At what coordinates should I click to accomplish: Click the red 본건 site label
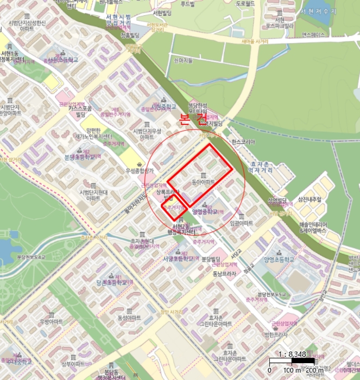(x=193, y=120)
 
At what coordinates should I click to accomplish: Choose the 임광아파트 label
(x=242, y=223)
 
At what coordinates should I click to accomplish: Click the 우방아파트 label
(x=52, y=321)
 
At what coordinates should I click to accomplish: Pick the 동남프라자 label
(x=224, y=274)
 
